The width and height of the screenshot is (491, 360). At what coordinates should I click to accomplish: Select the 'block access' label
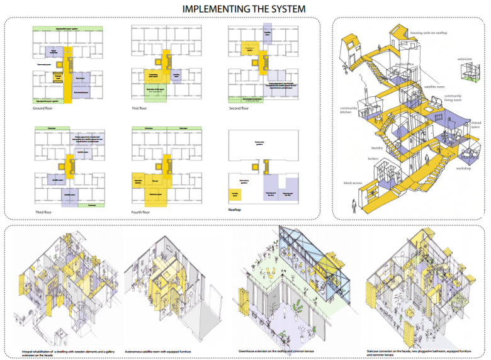pos(352,183)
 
